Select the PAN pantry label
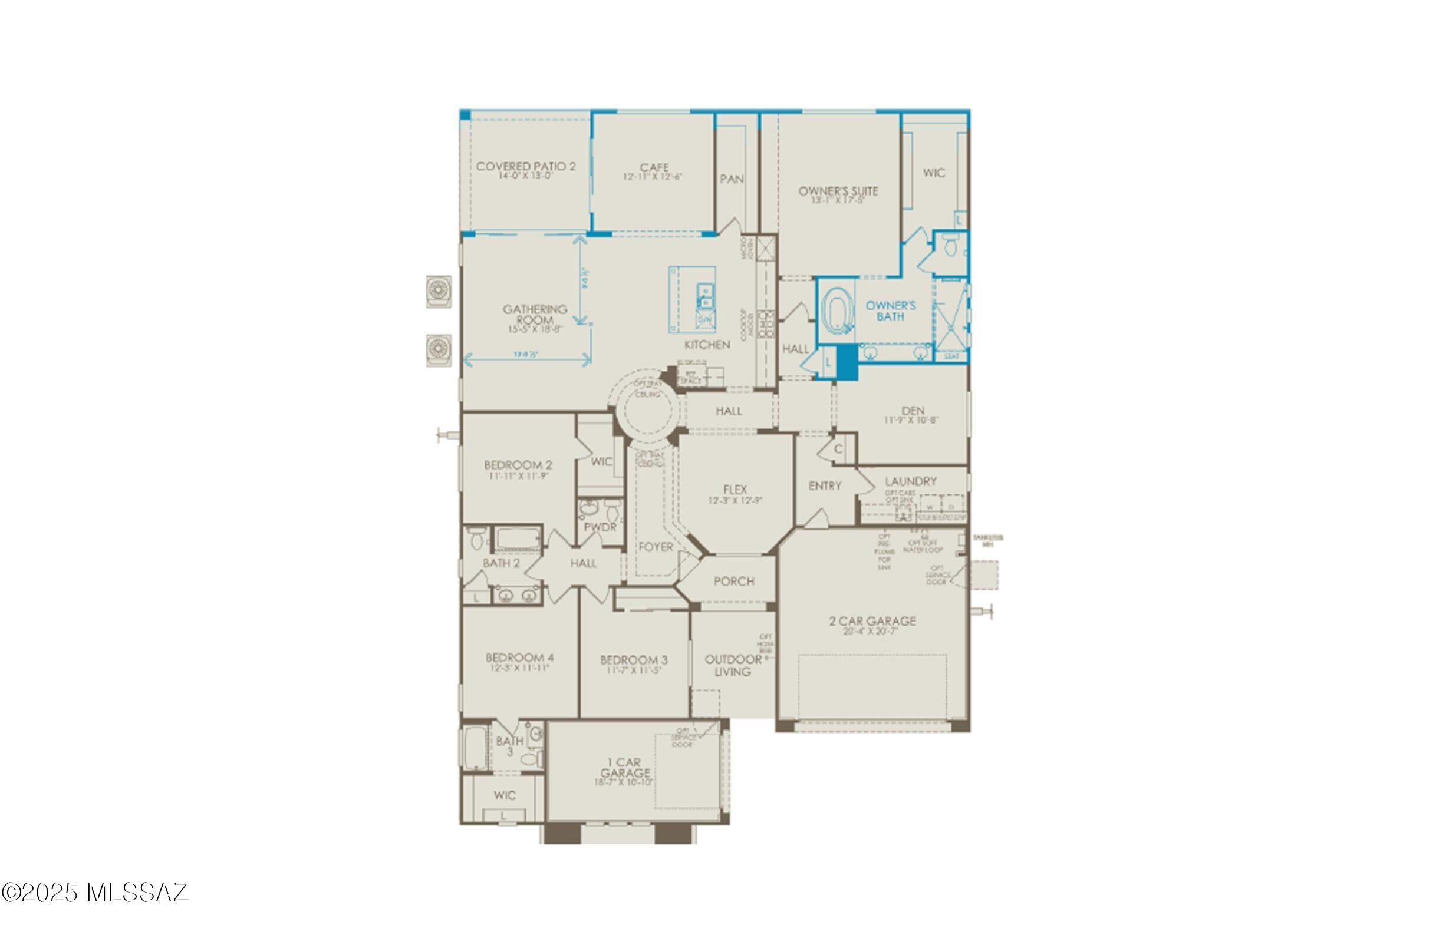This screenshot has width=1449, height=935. pos(732,179)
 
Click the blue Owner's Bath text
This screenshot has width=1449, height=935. pos(891,310)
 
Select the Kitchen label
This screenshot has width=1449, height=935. pos(707,344)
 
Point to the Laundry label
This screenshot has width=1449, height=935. pos(910,481)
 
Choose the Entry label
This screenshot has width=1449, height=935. pos(825,485)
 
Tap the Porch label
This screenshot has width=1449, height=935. pos(734,581)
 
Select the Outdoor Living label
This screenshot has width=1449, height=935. pos(733,665)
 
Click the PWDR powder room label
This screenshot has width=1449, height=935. pos(600,527)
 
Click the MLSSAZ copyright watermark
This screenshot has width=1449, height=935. pos(95,892)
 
